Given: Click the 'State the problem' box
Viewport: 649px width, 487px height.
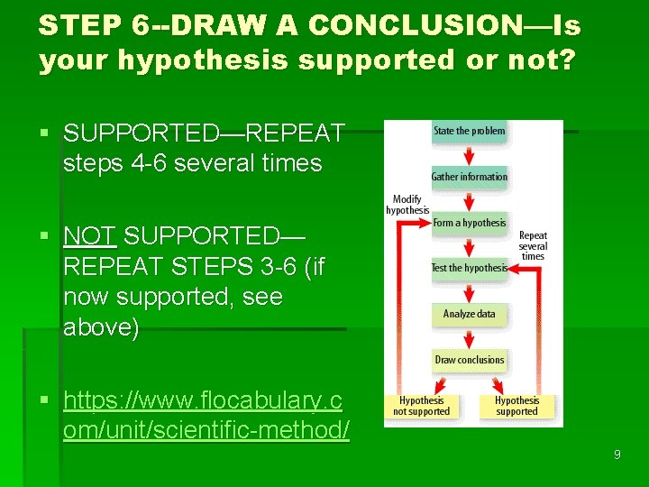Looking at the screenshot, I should pyautogui.click(x=469, y=132).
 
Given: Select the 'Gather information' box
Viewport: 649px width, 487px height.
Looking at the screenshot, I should pyautogui.click(x=469, y=177).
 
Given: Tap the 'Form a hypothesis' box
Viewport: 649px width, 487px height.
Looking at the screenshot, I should pyautogui.click(x=469, y=223).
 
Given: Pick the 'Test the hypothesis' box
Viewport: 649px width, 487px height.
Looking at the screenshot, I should pyautogui.click(x=469, y=268).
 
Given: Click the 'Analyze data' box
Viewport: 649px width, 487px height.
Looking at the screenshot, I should pyautogui.click(x=469, y=314).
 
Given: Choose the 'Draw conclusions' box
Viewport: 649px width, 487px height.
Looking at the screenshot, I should pyautogui.click(x=469, y=360).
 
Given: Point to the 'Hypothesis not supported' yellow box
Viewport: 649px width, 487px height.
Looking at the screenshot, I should pyautogui.click(x=422, y=406).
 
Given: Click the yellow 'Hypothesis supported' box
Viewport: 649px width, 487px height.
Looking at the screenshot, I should pyautogui.click(x=516, y=406).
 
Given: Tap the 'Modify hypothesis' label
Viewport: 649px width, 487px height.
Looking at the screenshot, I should pyautogui.click(x=407, y=205).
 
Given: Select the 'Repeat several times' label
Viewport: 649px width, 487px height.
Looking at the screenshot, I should pyautogui.click(x=533, y=245).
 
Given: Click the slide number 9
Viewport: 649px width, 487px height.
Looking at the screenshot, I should pyautogui.click(x=617, y=455).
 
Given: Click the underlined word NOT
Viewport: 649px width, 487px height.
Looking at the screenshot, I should pyautogui.click(x=89, y=236).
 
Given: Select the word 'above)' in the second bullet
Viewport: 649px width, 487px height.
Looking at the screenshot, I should pyautogui.click(x=101, y=327).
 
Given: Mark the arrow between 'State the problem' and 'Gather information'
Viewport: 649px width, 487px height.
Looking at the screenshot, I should pyautogui.click(x=469, y=154).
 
